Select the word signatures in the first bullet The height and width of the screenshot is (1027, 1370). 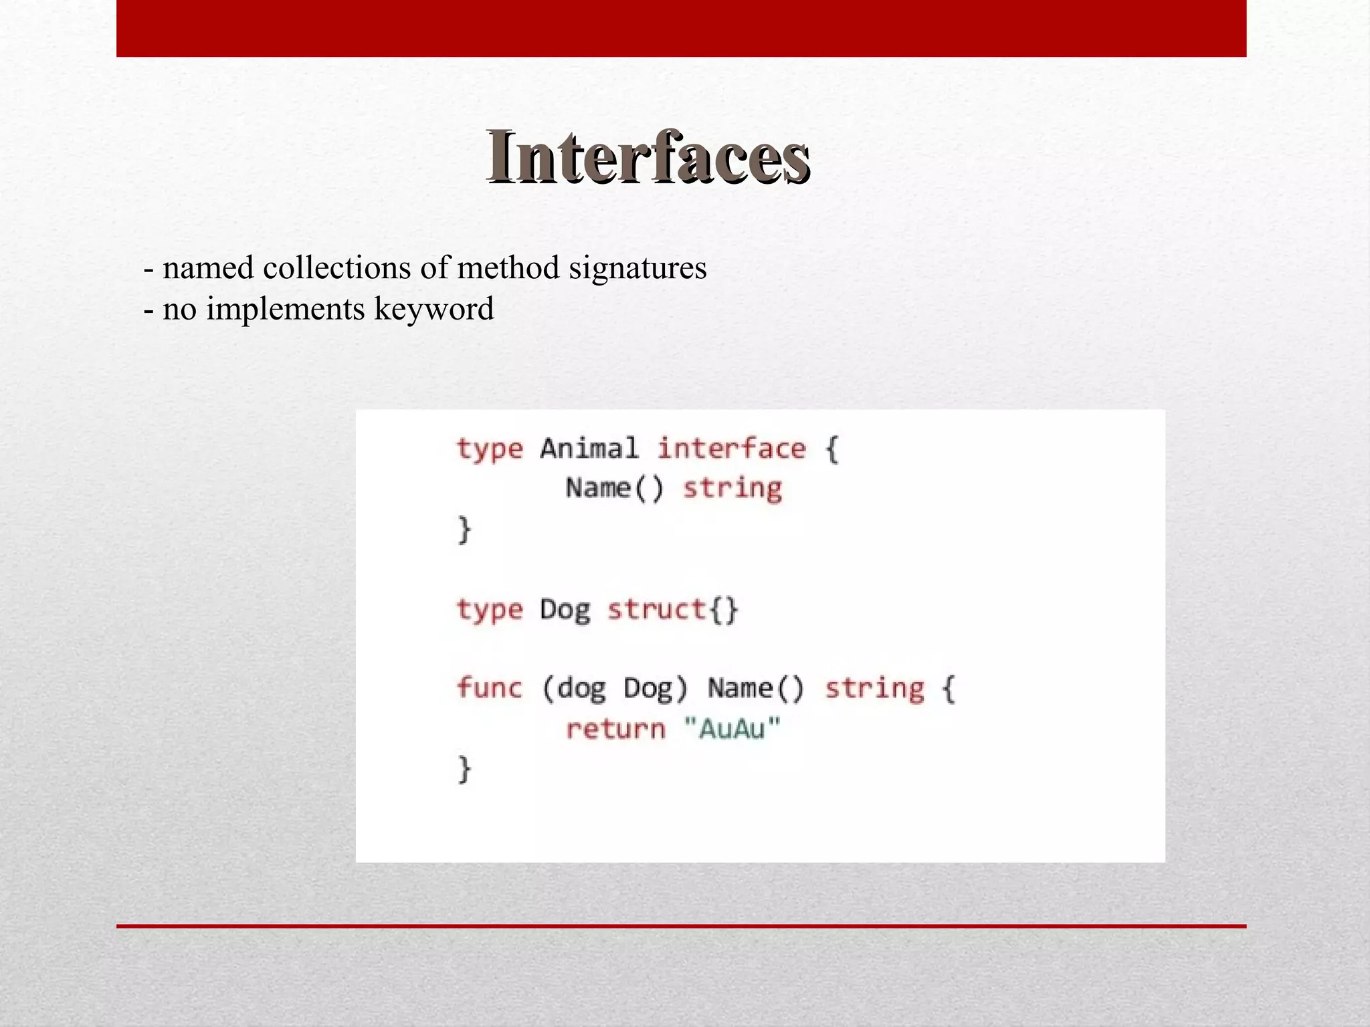(638, 268)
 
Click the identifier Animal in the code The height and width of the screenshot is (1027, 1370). (589, 448)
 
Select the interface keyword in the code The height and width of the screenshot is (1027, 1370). (731, 448)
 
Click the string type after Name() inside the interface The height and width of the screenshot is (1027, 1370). (732, 488)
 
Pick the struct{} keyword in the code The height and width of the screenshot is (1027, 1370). (672, 609)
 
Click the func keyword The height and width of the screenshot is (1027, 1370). (489, 688)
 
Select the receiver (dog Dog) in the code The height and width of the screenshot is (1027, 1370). (614, 688)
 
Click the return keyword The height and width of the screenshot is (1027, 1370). (615, 728)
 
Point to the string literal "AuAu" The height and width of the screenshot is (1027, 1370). (732, 728)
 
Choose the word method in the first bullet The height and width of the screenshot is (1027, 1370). (508, 268)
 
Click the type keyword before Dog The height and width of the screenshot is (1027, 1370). (489, 610)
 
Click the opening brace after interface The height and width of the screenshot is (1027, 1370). (831, 449)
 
